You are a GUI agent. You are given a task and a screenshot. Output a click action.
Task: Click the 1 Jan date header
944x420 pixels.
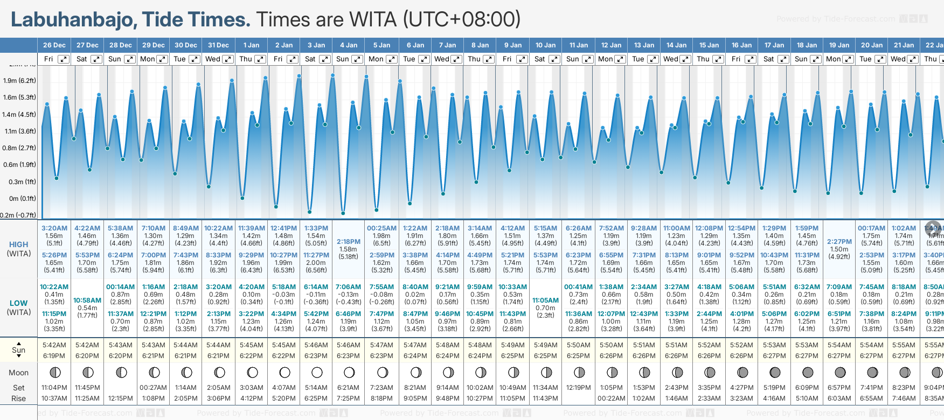coord(251,45)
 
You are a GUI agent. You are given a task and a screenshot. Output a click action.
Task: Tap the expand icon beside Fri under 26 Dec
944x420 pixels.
coord(64,59)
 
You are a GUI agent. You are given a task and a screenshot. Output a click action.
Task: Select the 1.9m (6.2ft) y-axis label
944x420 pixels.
coord(19,81)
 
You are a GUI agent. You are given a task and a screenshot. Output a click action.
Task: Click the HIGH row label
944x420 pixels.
coord(19,244)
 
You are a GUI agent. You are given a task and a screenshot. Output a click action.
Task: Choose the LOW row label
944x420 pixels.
coord(19,303)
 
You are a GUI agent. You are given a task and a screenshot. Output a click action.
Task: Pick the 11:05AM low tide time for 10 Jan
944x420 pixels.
coord(545,300)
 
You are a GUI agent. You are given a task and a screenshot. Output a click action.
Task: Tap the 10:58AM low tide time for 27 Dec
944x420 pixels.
coord(87,300)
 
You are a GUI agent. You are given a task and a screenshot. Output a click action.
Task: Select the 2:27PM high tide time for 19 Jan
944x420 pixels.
coord(839,242)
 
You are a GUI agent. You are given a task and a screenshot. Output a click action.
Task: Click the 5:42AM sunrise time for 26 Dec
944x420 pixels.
coord(54,345)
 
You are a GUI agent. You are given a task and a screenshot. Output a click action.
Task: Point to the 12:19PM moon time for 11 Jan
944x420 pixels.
coord(579,388)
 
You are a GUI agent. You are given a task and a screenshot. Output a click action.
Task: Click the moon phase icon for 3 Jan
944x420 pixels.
coord(317,372)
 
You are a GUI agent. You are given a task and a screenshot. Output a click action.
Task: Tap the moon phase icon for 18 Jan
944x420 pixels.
coord(807,372)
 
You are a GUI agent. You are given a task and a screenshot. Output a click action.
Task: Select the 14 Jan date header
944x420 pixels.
coord(676,45)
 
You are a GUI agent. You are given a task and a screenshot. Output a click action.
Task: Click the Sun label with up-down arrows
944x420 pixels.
coord(19,350)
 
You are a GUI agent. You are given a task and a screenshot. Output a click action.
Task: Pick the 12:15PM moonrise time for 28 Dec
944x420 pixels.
coord(120,398)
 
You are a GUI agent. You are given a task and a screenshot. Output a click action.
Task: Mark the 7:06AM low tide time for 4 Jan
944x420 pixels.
coord(348,287)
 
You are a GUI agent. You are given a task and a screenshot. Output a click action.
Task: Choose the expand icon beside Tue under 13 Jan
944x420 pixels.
coord(653,59)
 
